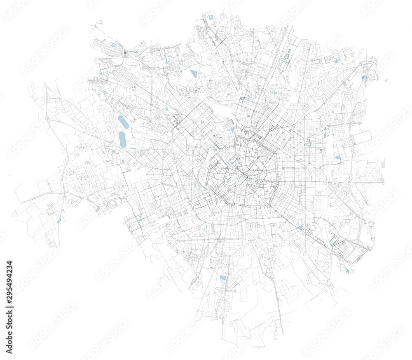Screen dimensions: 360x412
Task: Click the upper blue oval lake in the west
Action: point(122,122)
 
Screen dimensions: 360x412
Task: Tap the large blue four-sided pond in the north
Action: point(194,74)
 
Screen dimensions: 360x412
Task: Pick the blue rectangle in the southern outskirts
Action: point(223,278)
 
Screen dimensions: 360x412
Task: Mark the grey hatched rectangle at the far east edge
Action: point(383,164)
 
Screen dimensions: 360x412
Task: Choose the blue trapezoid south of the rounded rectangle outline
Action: point(338,157)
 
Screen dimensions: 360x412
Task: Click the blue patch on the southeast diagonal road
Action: point(300,227)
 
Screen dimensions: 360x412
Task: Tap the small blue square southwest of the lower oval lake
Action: point(113,151)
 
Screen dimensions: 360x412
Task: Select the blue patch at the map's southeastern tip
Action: point(348,271)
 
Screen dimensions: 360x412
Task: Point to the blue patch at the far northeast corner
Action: point(364,77)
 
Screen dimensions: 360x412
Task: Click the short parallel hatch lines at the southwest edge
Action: point(14,214)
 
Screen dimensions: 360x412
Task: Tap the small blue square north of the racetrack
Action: point(166,109)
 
